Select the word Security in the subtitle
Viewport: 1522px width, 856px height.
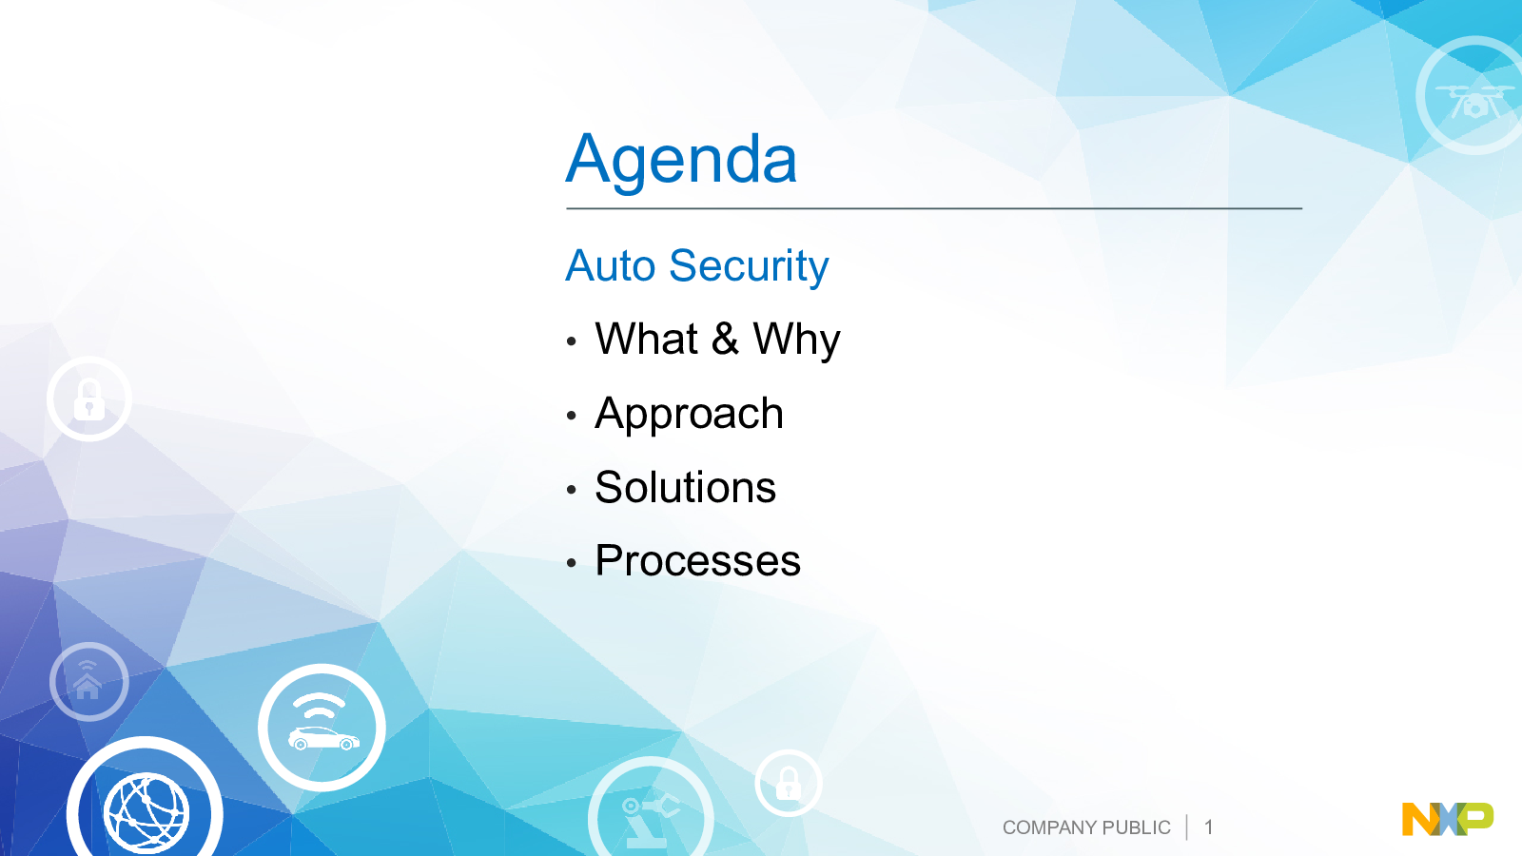click(749, 267)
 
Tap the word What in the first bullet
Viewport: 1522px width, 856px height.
click(646, 339)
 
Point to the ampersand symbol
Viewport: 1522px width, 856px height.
click(725, 339)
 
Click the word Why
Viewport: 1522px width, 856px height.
click(797, 341)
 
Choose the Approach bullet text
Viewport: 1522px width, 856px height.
click(689, 415)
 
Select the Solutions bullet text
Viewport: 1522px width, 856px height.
click(685, 487)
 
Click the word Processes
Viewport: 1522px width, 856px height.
click(698, 561)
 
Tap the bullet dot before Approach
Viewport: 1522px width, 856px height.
click(571, 415)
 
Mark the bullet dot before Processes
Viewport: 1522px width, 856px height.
click(571, 562)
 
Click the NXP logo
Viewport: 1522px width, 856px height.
click(1448, 819)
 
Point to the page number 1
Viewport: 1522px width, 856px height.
click(1209, 827)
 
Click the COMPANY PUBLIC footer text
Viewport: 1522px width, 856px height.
click(1086, 827)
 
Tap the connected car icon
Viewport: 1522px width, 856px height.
click(322, 728)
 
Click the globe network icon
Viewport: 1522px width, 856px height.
click(146, 808)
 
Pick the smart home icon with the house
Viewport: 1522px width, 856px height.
click(89, 681)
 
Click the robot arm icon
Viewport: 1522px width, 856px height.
click(651, 815)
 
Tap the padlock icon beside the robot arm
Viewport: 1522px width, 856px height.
click(789, 783)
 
